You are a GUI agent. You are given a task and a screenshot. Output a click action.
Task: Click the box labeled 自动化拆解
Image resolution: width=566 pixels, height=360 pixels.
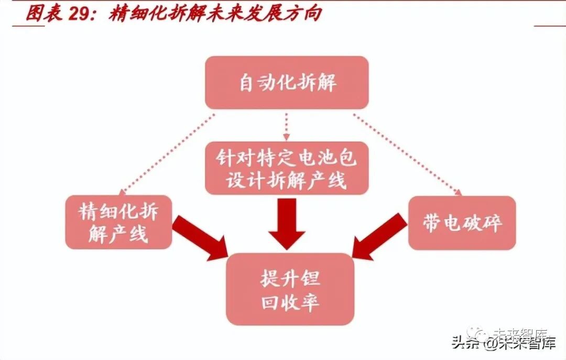coord(287,83)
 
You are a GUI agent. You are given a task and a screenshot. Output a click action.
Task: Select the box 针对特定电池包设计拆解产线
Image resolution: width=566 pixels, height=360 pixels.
coord(287,168)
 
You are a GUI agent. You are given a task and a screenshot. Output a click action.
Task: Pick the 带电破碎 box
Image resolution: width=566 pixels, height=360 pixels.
coord(462,223)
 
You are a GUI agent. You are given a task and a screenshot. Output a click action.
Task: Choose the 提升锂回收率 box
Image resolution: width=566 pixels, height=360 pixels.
coord(290,289)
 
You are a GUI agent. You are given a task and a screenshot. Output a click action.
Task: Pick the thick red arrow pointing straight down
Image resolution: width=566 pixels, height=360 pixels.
coord(286,223)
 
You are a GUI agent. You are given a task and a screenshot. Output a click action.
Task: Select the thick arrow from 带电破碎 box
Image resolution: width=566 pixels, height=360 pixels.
coord(378,237)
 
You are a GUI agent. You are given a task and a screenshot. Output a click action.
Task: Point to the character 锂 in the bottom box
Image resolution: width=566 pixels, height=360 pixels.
coord(310,278)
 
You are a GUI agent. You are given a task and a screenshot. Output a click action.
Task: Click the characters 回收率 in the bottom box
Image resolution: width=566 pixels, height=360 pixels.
coord(290,302)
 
